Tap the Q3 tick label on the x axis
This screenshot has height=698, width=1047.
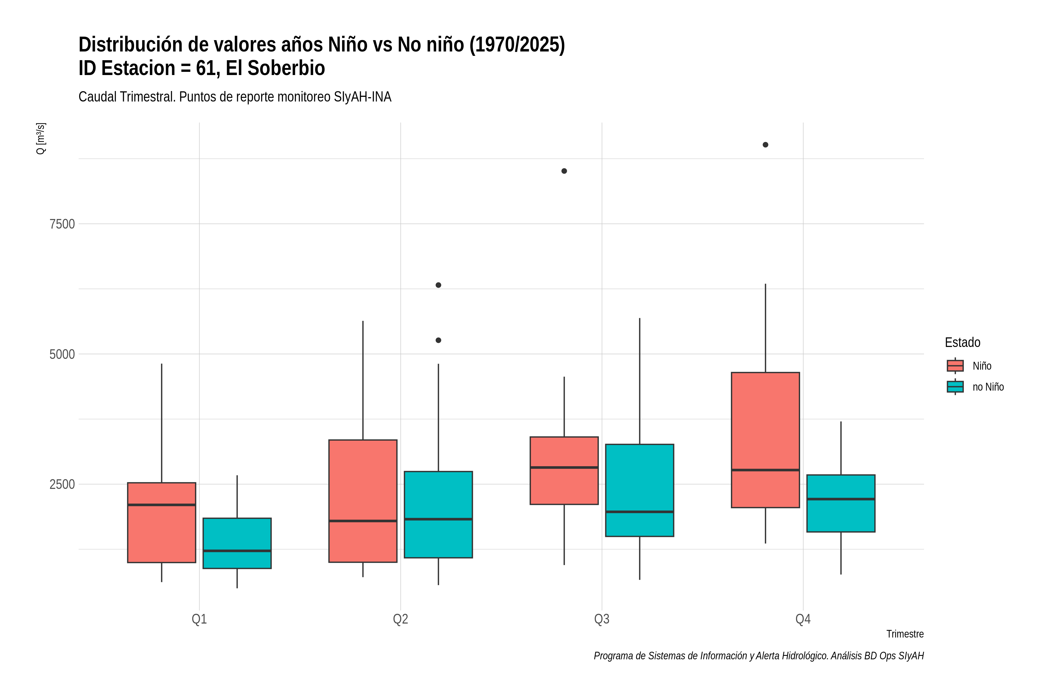pyautogui.click(x=602, y=619)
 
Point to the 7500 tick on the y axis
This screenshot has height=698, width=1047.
pyautogui.click(x=62, y=224)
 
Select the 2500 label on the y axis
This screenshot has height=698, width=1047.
pyautogui.click(x=62, y=484)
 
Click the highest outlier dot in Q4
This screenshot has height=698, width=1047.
pyautogui.click(x=765, y=145)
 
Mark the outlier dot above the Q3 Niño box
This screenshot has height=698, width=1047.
pyautogui.click(x=564, y=171)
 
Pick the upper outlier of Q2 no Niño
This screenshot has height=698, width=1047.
pyautogui.click(x=439, y=285)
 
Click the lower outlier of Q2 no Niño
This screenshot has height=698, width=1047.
pyautogui.click(x=439, y=340)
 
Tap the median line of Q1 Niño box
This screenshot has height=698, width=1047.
pyautogui.click(x=162, y=505)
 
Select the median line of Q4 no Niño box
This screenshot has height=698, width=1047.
pyautogui.click(x=841, y=499)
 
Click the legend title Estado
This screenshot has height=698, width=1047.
pyautogui.click(x=962, y=342)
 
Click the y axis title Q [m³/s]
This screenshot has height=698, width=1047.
pyautogui.click(x=40, y=138)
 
